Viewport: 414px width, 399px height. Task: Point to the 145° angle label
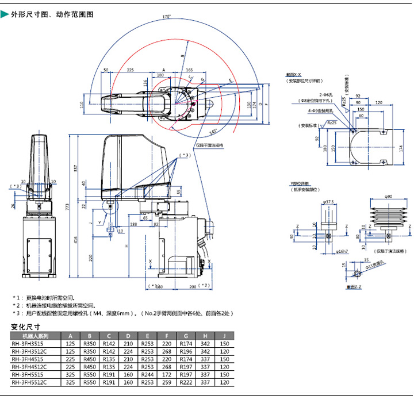(214, 132)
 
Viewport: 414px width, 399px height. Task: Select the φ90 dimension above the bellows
(388, 197)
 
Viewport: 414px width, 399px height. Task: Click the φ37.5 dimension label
(328, 202)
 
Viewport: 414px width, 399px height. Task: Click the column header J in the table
(225, 336)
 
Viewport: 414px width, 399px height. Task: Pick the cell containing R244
(148, 374)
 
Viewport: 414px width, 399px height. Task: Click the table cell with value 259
(167, 382)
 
